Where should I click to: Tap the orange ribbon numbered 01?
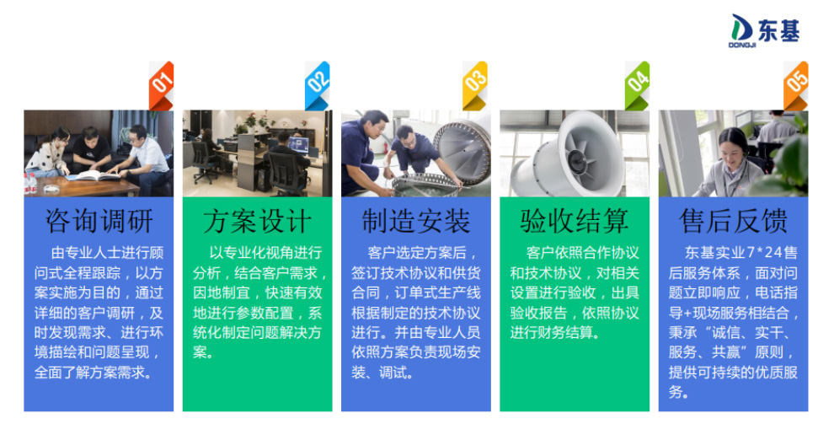[x=161, y=84]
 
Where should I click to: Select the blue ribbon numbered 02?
[x=317, y=84]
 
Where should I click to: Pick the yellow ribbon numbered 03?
[x=475, y=84]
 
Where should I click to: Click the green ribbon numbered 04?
[x=637, y=84]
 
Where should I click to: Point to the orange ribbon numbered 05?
[x=795, y=84]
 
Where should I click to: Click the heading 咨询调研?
[x=99, y=222]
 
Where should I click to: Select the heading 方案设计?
[x=257, y=222]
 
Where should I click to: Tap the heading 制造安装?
[x=416, y=222]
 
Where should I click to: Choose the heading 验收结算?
[x=575, y=222]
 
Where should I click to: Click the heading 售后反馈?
[x=733, y=222]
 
